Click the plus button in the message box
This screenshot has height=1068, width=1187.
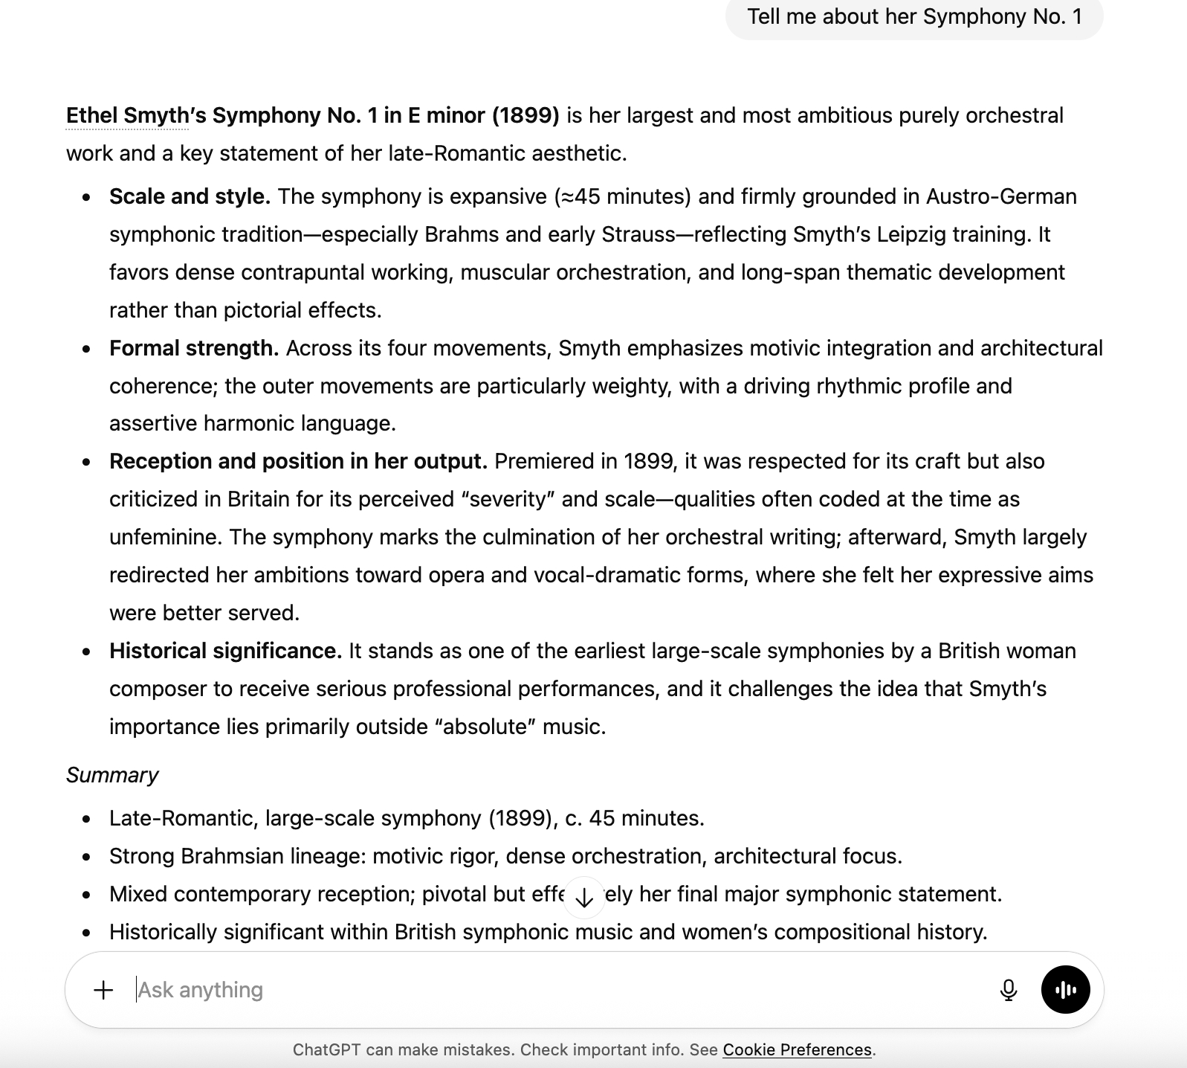pyautogui.click(x=103, y=990)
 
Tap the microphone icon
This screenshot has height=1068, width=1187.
pyautogui.click(x=1009, y=990)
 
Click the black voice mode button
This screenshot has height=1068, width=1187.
pyautogui.click(x=1065, y=990)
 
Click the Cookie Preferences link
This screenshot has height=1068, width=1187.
pyautogui.click(x=797, y=1050)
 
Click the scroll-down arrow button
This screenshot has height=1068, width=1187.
pyautogui.click(x=584, y=898)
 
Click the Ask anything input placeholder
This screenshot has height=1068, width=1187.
pyautogui.click(x=201, y=990)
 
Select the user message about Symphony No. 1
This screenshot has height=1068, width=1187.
pyautogui.click(x=914, y=17)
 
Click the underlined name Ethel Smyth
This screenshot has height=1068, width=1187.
pyautogui.click(x=127, y=116)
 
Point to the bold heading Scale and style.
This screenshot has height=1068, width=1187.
pyautogui.click(x=190, y=197)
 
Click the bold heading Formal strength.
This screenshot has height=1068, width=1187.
pyautogui.click(x=194, y=349)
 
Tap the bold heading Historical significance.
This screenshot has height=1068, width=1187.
pyautogui.click(x=225, y=652)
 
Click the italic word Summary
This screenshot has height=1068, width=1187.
pyautogui.click(x=112, y=775)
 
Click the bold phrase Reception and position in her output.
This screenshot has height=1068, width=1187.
pyautogui.click(x=298, y=462)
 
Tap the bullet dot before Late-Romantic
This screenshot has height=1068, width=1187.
pyautogui.click(x=87, y=820)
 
